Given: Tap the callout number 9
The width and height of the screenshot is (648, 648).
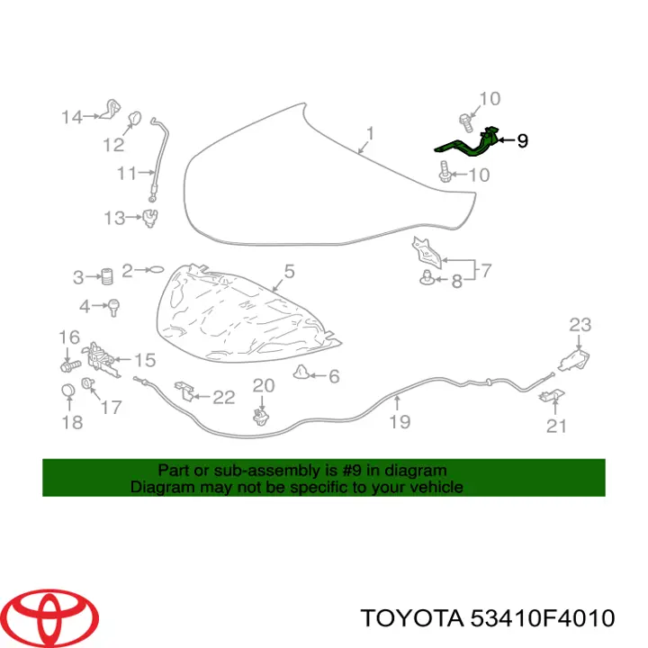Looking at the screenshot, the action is click(522, 141).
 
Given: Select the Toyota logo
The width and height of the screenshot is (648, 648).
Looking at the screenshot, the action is click(53, 618).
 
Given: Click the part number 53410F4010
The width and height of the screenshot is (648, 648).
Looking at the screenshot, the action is click(542, 618).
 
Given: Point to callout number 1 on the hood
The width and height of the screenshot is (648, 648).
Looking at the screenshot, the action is click(370, 133).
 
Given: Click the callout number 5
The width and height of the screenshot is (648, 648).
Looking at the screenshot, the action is click(289, 272).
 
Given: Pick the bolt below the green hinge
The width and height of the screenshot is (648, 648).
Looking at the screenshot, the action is click(445, 172).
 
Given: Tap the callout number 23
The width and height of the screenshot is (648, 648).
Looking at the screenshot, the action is click(580, 325).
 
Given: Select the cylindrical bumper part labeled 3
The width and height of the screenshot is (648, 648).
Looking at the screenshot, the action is click(107, 275).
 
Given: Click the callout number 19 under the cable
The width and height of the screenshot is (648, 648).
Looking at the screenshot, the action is click(400, 422).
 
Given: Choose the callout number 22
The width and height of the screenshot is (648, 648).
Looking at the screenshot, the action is click(223, 397).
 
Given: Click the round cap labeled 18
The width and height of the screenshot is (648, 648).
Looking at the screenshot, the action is click(68, 390).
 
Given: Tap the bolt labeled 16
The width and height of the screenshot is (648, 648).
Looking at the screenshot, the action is click(71, 365).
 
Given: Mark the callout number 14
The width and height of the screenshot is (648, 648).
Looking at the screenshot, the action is click(72, 117).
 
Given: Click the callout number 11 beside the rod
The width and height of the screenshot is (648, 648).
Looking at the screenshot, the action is click(127, 173).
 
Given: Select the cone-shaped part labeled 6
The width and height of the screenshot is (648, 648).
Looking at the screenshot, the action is click(301, 372).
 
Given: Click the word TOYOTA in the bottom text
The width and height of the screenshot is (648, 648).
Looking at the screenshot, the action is click(412, 618).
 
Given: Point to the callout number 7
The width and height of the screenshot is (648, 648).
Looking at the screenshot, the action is click(486, 271).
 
